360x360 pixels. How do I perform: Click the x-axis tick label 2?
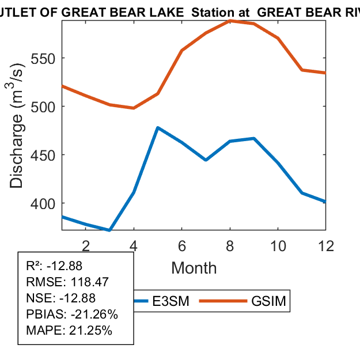pos(86,245)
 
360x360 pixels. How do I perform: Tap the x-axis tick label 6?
pos(182,245)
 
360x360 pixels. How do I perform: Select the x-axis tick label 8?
pos(230,245)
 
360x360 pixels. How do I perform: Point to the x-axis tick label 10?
pos(278,245)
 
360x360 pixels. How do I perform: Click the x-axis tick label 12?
pos(325,245)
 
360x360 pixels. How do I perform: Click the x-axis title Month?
pos(194,268)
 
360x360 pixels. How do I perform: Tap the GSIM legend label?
pos(268,301)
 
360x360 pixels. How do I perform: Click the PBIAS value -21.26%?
pos(94,314)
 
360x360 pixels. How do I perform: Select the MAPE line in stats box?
pos(69,331)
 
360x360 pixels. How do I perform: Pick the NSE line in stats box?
pos(61,298)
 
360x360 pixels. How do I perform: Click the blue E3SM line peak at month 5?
pos(158,127)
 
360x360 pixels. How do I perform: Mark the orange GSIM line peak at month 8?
pos(230,21)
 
